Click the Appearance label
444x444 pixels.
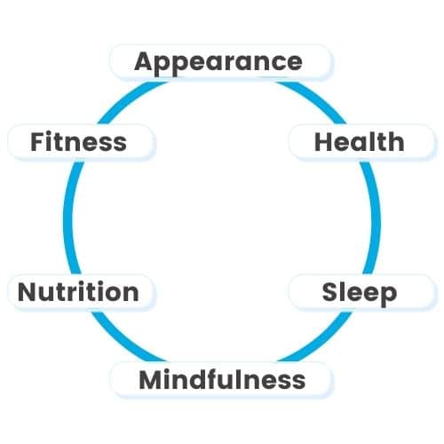(x=218, y=63)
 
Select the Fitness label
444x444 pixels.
(x=78, y=142)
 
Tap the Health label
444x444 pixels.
(x=360, y=142)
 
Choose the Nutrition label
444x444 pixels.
(x=78, y=292)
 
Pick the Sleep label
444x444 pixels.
(x=360, y=293)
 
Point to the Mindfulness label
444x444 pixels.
(x=222, y=379)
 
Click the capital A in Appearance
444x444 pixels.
(x=146, y=61)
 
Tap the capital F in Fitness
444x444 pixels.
(x=38, y=142)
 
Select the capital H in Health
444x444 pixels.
(x=323, y=142)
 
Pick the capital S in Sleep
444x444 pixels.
(x=330, y=292)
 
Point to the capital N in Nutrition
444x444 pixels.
(x=28, y=292)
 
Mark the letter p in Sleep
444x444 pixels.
(x=388, y=297)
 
